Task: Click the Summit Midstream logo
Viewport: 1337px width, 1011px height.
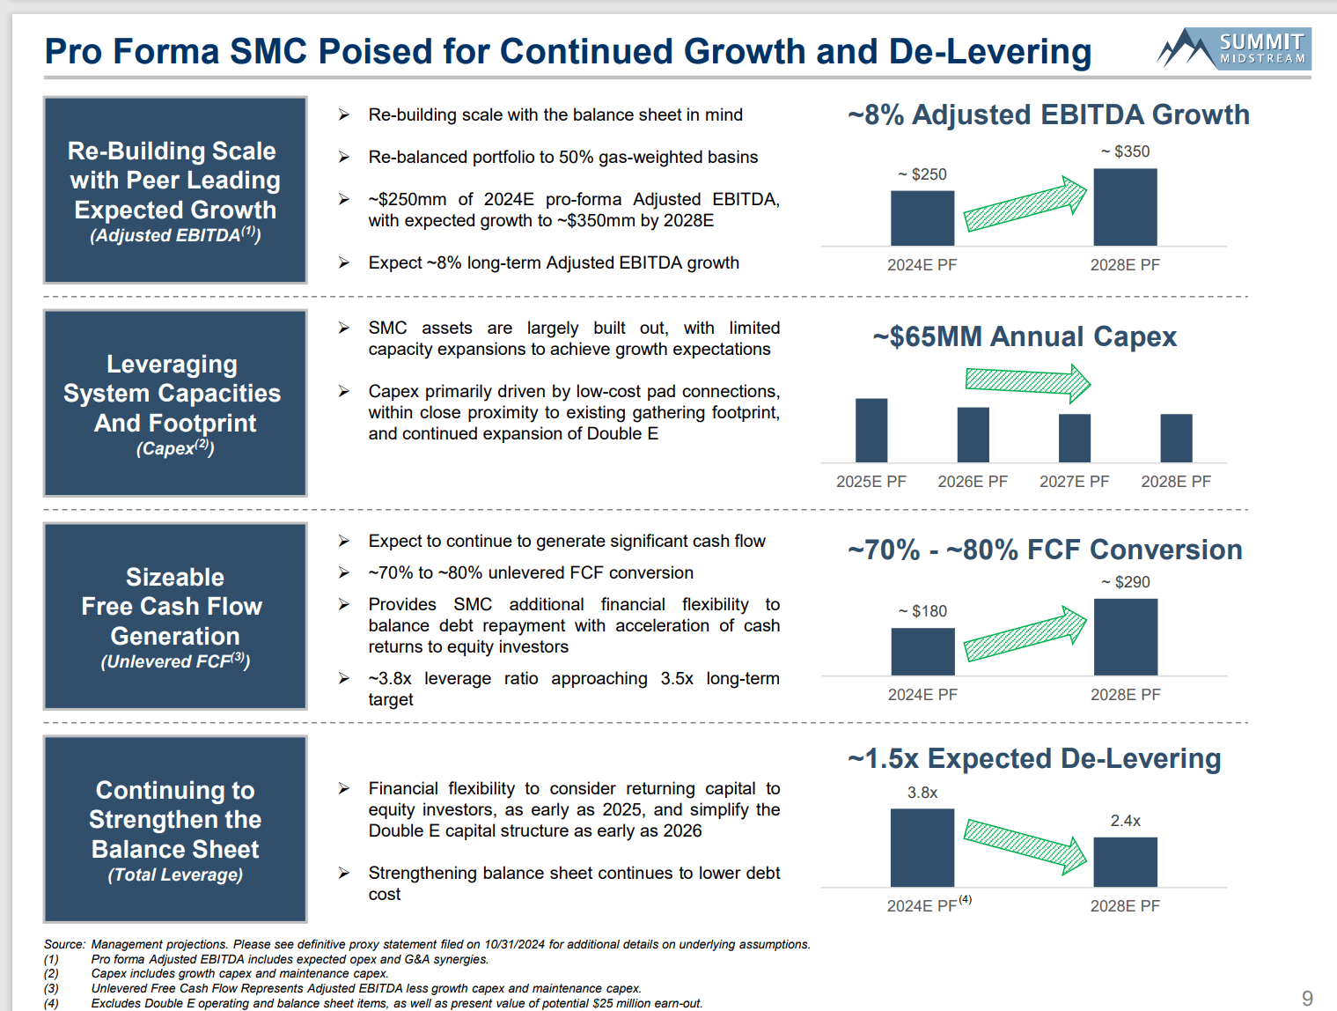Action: [1234, 48]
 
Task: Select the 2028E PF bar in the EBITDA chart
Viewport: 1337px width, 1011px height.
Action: [1125, 207]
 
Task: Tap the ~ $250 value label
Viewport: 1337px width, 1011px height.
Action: [922, 174]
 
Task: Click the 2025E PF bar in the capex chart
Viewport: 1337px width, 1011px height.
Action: [871, 430]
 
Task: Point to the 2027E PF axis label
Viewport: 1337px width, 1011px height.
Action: [1074, 482]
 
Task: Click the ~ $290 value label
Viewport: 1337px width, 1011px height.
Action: [1126, 582]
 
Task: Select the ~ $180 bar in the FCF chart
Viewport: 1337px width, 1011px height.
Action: [922, 652]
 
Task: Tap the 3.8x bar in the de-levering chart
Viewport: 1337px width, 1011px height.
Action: [922, 847]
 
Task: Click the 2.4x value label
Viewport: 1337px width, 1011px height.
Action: [1125, 821]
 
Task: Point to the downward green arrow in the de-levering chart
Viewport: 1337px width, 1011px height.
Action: [1025, 845]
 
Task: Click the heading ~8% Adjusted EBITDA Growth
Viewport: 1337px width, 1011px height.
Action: [1048, 114]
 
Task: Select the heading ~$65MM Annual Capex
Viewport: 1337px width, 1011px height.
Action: [1025, 336]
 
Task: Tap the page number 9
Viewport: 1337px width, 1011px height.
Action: [1307, 998]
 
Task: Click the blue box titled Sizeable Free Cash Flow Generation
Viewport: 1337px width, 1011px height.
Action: [175, 616]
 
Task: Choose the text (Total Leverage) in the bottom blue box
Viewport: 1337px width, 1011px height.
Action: [175, 874]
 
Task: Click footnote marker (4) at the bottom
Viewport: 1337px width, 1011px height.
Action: [51, 1003]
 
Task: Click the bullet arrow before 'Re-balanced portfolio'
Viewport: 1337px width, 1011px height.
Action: [344, 157]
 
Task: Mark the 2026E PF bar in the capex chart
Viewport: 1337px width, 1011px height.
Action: [973, 434]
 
